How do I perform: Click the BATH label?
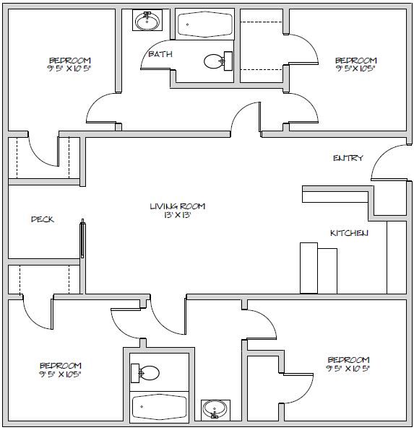point(160,54)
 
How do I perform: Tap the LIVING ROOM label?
point(178,206)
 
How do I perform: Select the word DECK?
point(43,219)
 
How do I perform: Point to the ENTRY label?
point(348,158)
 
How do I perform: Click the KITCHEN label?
point(349,233)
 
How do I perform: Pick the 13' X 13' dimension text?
point(178,215)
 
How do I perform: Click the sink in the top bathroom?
point(147,21)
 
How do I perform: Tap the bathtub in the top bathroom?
point(204,24)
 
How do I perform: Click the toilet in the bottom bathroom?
point(145,373)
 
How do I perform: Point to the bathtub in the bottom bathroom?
point(160,406)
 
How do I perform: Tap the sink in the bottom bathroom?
point(215,410)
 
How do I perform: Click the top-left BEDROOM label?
point(70,61)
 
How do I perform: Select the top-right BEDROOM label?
point(356,61)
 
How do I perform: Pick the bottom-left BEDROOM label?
point(61,366)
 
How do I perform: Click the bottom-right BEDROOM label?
point(348,360)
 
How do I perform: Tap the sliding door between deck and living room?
point(82,239)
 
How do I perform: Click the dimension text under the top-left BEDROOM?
point(69,69)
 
